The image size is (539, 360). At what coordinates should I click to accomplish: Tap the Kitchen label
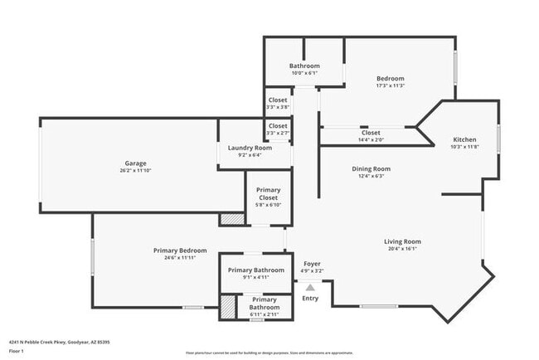pyautogui.click(x=464, y=139)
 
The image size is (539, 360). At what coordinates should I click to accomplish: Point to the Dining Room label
pyautogui.click(x=371, y=168)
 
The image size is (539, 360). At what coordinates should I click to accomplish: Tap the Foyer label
pyautogui.click(x=312, y=264)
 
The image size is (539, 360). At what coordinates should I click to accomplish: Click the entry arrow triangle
pyautogui.click(x=310, y=286)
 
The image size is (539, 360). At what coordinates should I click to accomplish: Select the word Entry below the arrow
pyautogui.click(x=310, y=298)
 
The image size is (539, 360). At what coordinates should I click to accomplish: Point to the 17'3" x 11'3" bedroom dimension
pyautogui.click(x=390, y=85)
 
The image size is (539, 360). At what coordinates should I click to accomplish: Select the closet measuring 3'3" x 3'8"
pyautogui.click(x=278, y=103)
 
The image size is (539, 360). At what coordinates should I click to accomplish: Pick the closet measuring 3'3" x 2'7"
pyautogui.click(x=278, y=129)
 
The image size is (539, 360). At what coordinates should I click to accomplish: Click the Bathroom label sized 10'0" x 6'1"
pyautogui.click(x=304, y=69)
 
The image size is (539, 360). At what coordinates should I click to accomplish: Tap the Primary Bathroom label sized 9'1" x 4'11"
pyautogui.click(x=256, y=273)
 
